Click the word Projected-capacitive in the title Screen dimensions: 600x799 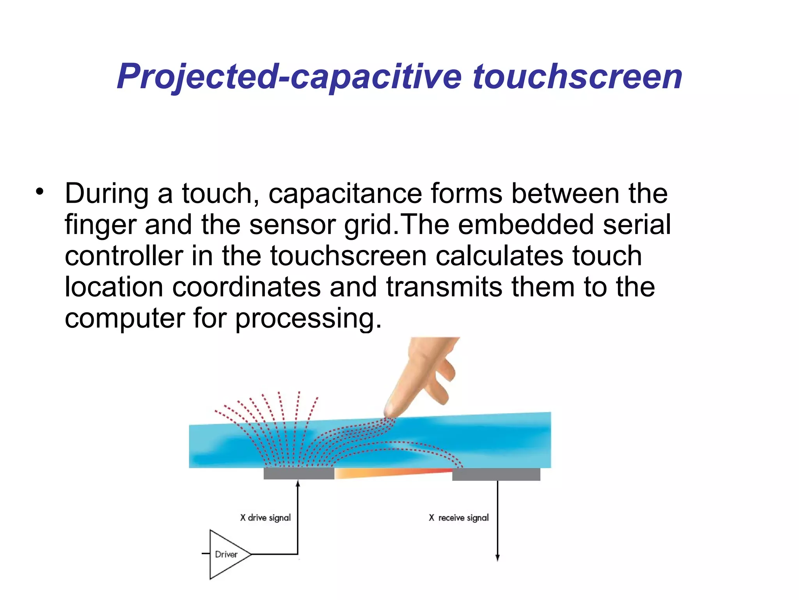[x=289, y=77]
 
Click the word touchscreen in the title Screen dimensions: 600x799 [x=577, y=77]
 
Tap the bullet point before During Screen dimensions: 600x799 [x=39, y=191]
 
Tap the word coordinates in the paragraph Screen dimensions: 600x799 [x=246, y=287]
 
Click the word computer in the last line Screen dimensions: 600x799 [x=124, y=318]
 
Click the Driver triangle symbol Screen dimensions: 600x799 [x=227, y=554]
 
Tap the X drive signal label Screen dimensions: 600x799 [x=265, y=518]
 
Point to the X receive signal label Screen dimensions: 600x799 [x=458, y=518]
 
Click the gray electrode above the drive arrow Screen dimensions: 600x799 [x=299, y=473]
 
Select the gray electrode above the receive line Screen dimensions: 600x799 [x=496, y=474]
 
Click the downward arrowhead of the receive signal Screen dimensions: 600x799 [x=497, y=557]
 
